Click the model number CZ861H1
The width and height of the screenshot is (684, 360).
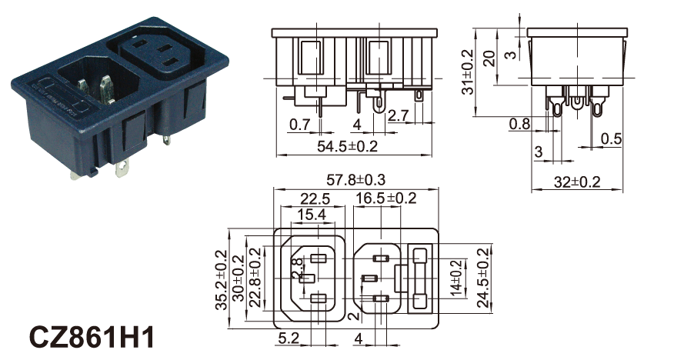pyautogui.click(x=92, y=337)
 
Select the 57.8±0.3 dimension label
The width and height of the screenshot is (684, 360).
pyautogui.click(x=356, y=179)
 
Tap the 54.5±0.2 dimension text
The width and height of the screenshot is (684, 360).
pyautogui.click(x=347, y=146)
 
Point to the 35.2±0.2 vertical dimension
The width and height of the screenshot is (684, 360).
pyautogui.click(x=222, y=280)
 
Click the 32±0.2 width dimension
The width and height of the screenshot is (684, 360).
pyautogui.click(x=577, y=182)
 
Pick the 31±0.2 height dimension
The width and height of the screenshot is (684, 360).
pyautogui.click(x=467, y=72)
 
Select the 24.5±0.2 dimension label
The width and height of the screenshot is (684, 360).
pyautogui.click(x=483, y=278)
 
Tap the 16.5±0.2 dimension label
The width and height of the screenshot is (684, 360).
pyautogui.click(x=386, y=198)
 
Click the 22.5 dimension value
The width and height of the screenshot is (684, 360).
pyautogui.click(x=315, y=199)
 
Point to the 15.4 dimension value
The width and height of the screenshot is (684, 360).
pyautogui.click(x=312, y=215)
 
